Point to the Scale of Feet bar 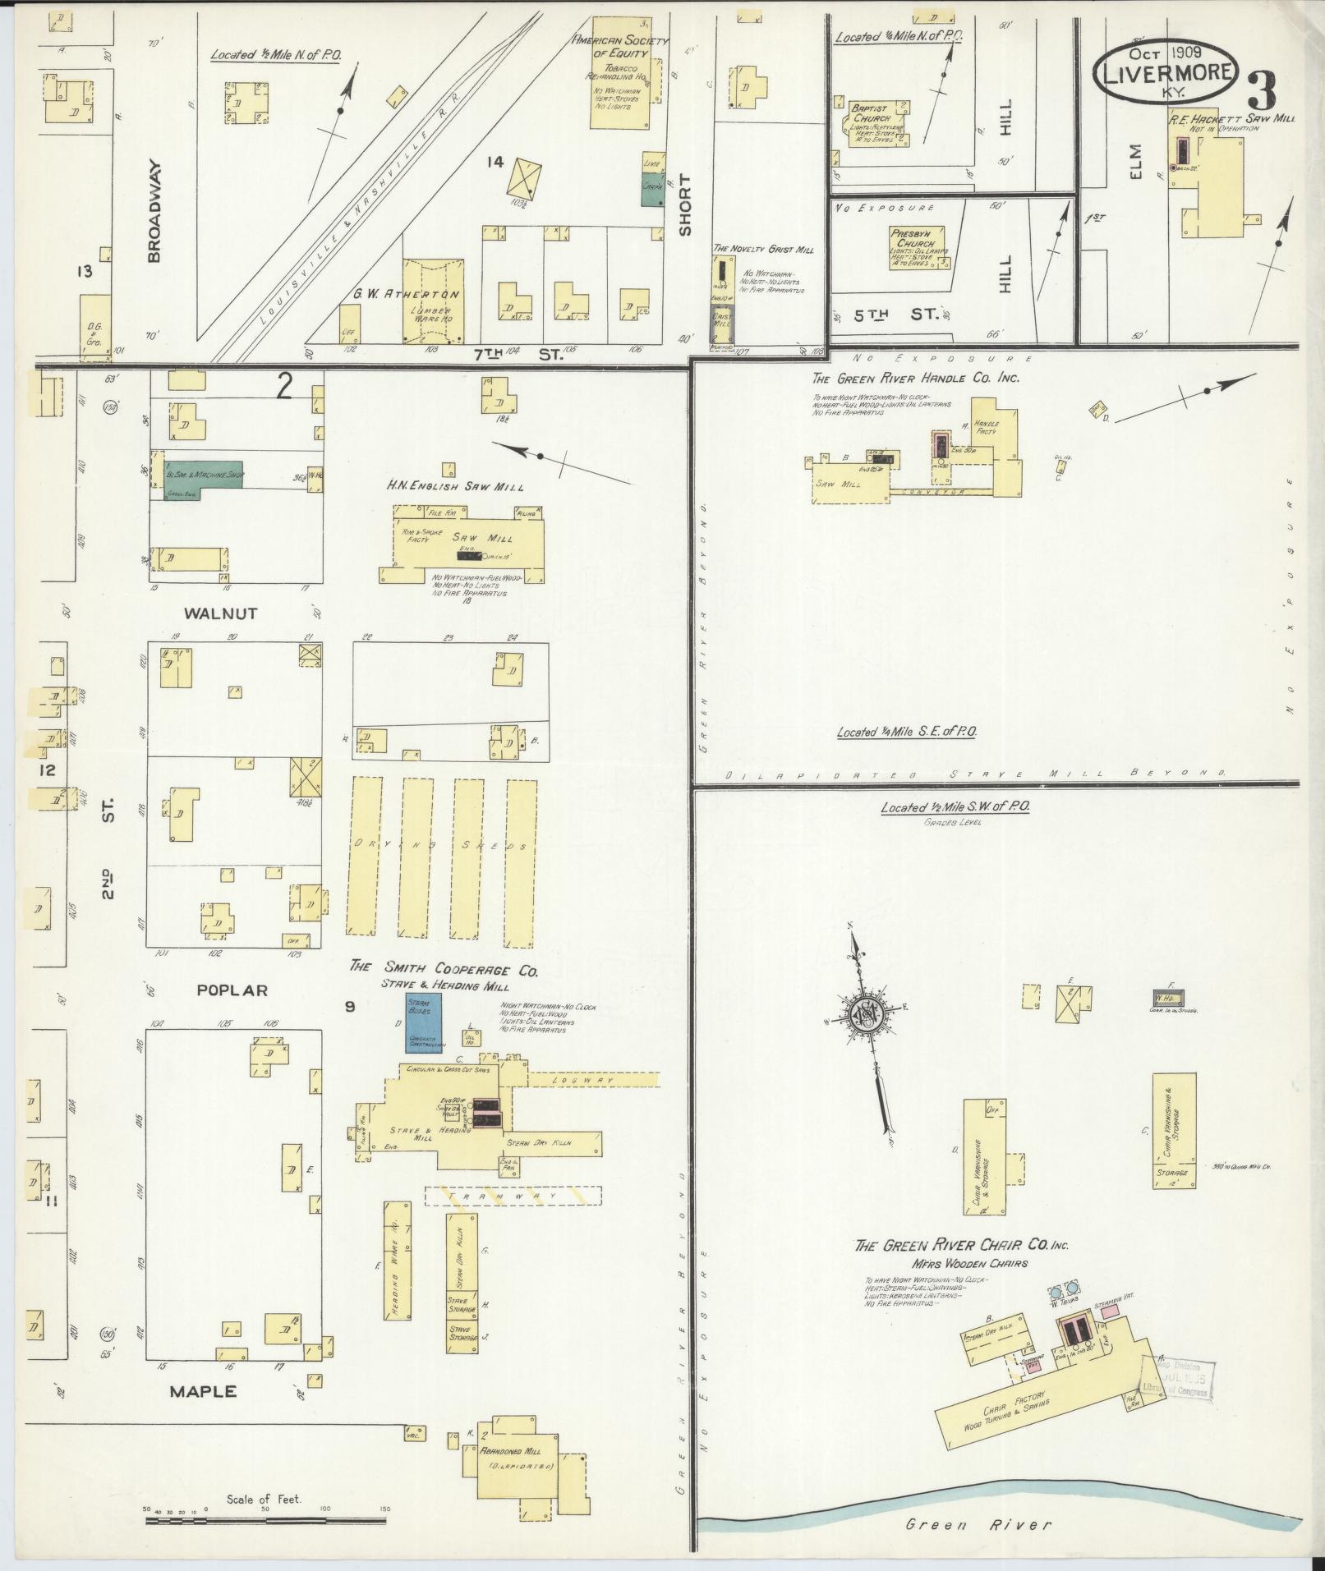[268, 1520]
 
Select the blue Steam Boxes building [424, 1023]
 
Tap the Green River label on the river [978, 1525]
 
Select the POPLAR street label [232, 990]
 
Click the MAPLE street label [203, 1391]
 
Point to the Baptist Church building [872, 123]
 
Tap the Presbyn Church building [917, 247]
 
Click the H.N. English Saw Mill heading [455, 486]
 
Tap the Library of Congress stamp [1181, 1380]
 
